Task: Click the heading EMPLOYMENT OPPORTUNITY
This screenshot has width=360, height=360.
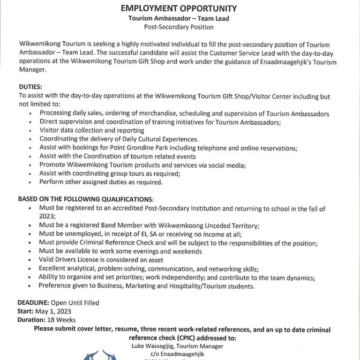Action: coord(179,8)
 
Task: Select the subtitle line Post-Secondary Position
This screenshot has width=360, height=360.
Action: coord(179,27)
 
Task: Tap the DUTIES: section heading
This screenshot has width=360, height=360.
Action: coord(30,87)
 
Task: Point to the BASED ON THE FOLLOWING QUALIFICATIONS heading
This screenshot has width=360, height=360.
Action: coord(85,199)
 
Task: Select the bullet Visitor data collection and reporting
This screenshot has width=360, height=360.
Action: coord(92,130)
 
